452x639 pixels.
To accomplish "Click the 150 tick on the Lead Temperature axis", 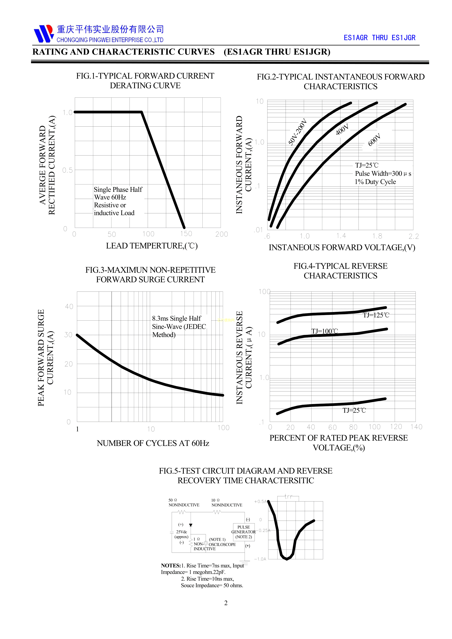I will [186, 234].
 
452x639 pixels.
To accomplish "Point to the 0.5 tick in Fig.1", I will [67, 170].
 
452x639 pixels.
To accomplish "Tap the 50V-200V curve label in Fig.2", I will [297, 132].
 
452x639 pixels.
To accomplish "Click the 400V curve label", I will [342, 130].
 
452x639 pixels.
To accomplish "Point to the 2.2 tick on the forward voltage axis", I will [414, 237].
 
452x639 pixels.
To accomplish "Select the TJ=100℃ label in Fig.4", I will [324, 331].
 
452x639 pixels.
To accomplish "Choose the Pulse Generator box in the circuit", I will [244, 532].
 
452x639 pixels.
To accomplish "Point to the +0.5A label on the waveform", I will [260, 501].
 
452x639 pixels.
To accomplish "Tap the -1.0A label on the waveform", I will [260, 559].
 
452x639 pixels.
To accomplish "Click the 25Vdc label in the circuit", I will [181, 532].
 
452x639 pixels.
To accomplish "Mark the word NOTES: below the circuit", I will [171, 566].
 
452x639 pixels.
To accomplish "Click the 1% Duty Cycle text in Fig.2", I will [375, 182].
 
